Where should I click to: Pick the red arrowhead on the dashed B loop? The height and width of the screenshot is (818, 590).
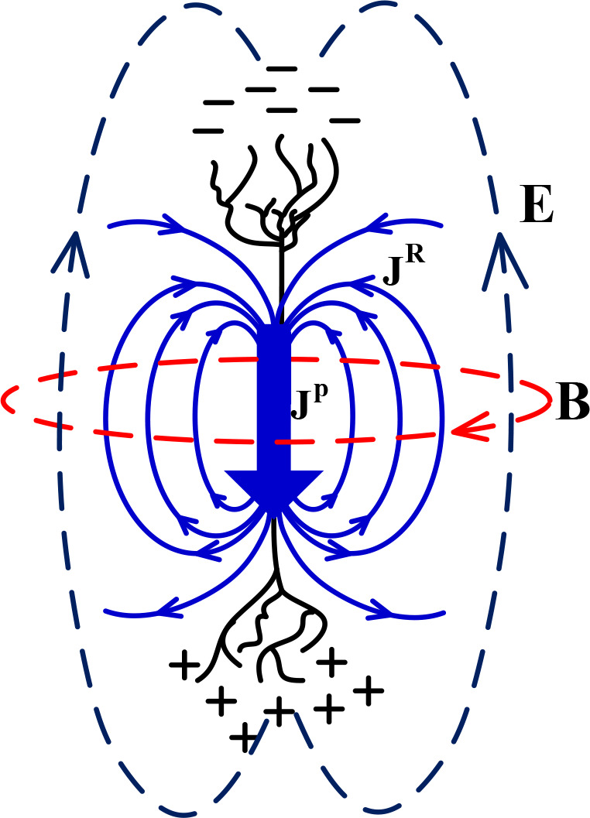[468, 428]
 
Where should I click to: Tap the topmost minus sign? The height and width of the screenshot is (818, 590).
[282, 69]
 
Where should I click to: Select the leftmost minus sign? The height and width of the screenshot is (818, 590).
[207, 130]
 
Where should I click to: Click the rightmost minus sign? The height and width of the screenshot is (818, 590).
[345, 120]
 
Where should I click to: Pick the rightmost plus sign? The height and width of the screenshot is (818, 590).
[369, 690]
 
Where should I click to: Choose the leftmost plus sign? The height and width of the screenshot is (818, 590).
[184, 666]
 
